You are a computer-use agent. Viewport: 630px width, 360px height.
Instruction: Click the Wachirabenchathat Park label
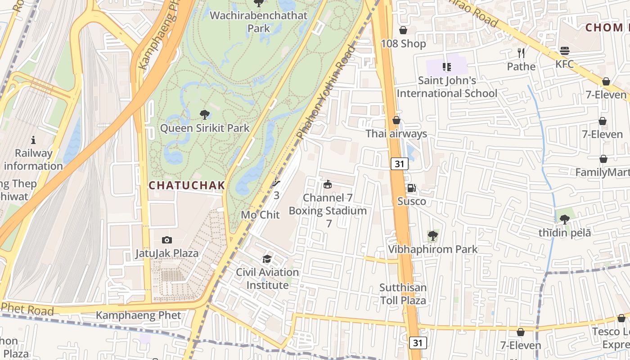coord(259,22)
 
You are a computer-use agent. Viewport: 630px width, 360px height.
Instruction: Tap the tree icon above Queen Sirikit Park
coord(204,114)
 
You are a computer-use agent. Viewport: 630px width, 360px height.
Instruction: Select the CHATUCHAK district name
coord(187,185)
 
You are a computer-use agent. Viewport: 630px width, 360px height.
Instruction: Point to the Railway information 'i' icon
coord(33,140)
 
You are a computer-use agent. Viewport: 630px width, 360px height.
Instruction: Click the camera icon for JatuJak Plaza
coord(167,240)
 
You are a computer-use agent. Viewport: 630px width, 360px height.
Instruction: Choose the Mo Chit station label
coord(260,215)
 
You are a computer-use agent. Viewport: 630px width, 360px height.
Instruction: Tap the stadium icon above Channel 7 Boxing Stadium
coord(328,184)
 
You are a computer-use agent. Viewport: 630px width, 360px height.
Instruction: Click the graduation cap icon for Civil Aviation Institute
coord(267,259)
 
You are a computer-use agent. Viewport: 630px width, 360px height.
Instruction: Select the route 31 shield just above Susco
coord(399,164)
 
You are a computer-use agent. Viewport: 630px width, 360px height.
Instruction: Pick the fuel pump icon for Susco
coord(411,188)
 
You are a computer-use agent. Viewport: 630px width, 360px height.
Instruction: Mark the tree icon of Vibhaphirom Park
coord(432,235)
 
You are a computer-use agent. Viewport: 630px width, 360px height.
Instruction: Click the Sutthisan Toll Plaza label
coord(403,293)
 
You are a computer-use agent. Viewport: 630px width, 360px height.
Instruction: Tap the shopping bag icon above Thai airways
coord(396,120)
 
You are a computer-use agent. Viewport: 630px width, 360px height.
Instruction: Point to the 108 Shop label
coord(403,44)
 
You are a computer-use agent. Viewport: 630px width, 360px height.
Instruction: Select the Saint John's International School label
coord(447,87)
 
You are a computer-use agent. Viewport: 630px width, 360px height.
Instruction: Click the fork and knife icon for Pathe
coord(521,53)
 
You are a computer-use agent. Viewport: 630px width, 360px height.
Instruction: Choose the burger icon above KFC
coord(564,50)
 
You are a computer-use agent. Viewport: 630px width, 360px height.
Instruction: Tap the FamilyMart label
coord(602,172)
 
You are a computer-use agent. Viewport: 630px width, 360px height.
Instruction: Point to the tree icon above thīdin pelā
coord(564,219)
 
